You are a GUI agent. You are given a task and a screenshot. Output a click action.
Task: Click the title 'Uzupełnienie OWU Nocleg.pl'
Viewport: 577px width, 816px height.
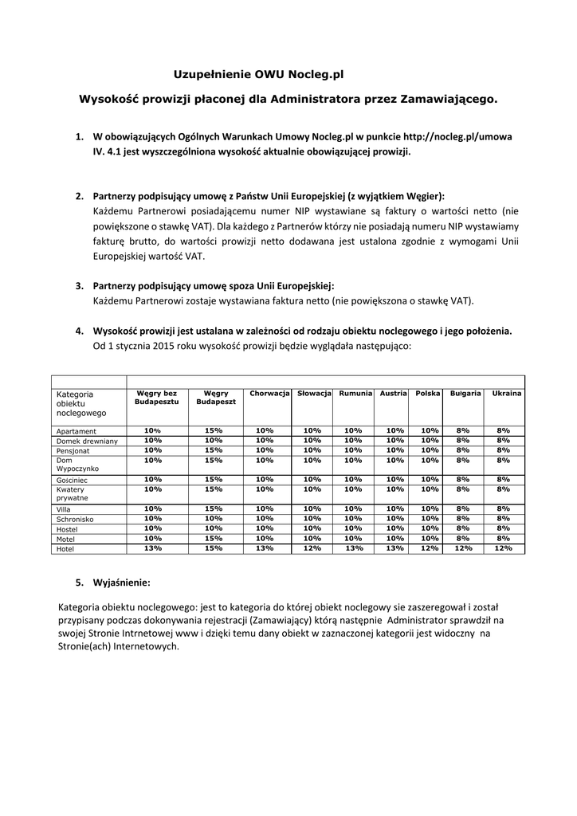coord(258,74)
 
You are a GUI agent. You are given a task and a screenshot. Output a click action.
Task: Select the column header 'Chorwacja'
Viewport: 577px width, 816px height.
coord(269,394)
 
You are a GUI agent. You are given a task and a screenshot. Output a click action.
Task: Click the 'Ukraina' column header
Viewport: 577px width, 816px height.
coord(507,394)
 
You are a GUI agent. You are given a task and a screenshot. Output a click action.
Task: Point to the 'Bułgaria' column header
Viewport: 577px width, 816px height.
coord(465,394)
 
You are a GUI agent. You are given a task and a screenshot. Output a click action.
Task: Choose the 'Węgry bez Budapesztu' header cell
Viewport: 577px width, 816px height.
coord(156,398)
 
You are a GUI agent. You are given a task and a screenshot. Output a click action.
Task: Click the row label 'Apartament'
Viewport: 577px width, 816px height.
coord(77,431)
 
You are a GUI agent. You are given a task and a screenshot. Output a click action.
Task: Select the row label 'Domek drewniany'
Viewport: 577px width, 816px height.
coord(87,441)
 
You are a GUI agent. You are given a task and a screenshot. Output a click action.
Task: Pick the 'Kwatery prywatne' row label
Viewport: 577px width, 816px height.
coord(72,494)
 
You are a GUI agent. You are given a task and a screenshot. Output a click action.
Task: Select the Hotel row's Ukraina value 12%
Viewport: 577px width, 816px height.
coord(503,548)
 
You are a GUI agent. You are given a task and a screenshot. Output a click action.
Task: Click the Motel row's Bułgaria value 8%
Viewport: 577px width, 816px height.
coord(463,538)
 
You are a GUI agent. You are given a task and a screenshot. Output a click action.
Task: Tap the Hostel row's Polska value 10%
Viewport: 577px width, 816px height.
coord(430,528)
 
